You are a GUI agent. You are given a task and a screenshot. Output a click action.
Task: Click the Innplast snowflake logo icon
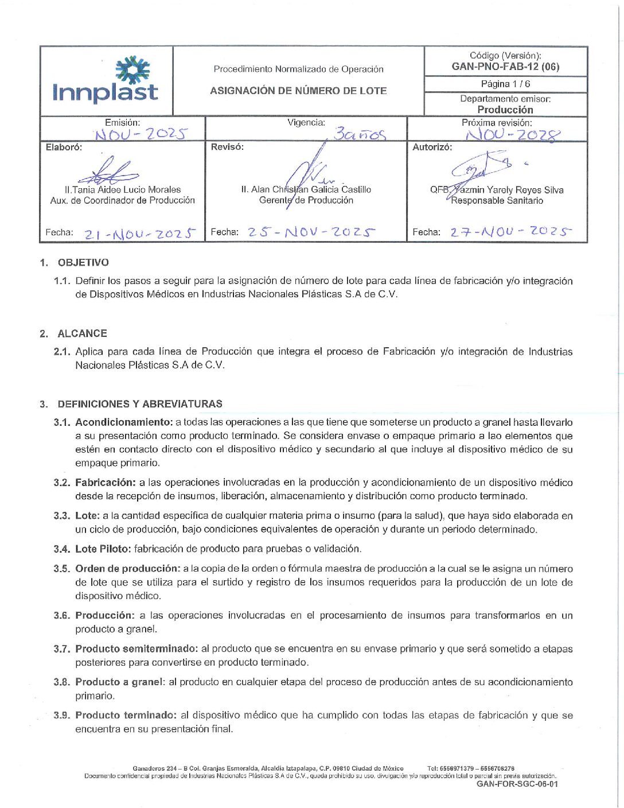coord(132,69)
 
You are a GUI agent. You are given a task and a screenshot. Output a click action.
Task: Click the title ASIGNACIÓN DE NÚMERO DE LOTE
coord(298,91)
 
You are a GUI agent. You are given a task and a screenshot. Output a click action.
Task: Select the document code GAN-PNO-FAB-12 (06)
coord(505,67)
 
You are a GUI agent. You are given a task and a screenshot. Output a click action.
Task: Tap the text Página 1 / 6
coord(505,84)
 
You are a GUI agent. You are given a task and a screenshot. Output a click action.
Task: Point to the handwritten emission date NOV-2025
coord(141,134)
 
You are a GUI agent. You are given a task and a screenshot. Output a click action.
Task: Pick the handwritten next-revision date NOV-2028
coord(512,135)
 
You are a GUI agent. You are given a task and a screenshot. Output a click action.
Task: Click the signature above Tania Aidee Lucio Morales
coord(109,171)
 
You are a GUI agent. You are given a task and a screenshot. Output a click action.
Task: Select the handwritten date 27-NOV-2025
coord(510,231)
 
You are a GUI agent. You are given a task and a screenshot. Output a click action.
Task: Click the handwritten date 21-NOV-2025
coord(140,234)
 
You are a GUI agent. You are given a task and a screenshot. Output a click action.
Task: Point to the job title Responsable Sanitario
coord(497,200)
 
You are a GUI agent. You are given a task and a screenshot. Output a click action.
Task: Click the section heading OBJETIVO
coord(83,262)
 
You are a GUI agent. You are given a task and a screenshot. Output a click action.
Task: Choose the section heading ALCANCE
coord(82,333)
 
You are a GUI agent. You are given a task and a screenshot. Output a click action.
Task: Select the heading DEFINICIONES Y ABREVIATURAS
coord(140,403)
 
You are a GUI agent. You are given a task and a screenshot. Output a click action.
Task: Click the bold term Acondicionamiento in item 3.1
coord(124,422)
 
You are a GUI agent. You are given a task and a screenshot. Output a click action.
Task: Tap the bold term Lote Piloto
coord(103,549)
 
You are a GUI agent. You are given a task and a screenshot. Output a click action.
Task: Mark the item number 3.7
coord(62,649)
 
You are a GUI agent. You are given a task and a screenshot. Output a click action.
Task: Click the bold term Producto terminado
coord(126,715)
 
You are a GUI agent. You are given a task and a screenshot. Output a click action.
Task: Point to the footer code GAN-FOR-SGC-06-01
coord(517,784)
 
